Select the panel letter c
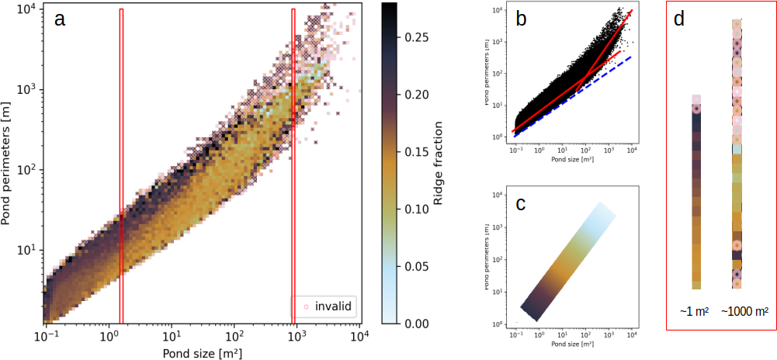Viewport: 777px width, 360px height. click(x=522, y=204)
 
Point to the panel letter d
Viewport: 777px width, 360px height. click(x=679, y=20)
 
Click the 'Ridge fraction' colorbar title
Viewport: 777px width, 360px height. click(x=439, y=163)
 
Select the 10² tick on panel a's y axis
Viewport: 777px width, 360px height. click(x=28, y=170)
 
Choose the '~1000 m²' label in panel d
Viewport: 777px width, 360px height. click(x=744, y=311)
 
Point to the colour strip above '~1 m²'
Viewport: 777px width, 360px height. click(x=696, y=194)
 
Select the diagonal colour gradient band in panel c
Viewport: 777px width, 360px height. click(x=571, y=260)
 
